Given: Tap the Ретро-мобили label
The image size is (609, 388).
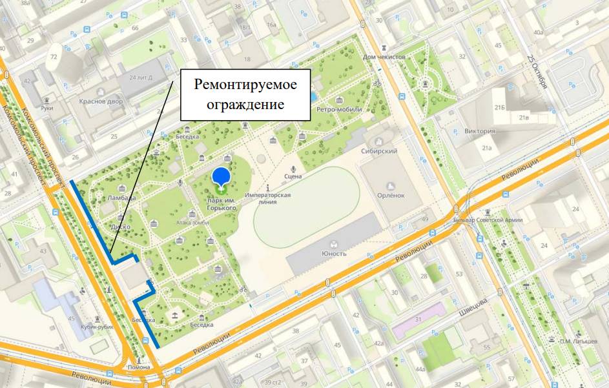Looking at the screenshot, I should point(338,110).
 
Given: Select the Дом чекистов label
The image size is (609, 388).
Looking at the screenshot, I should point(384,57).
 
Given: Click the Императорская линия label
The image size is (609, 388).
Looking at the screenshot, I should point(268,198).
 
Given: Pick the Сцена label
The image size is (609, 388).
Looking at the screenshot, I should point(293,175).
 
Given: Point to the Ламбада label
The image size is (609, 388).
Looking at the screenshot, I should point(122,198).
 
